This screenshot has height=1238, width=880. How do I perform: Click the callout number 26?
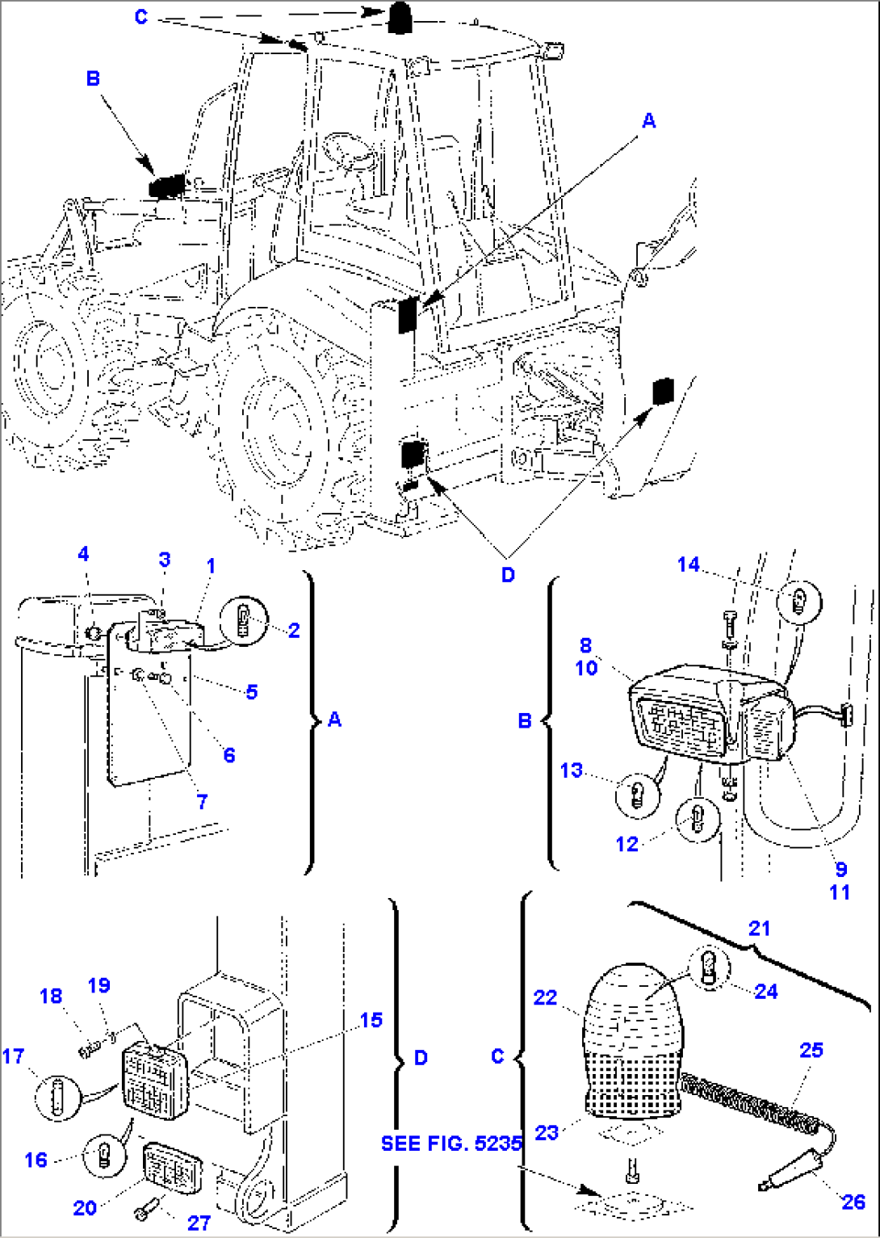pyautogui.click(x=853, y=1202)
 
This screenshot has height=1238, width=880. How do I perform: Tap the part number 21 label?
pyautogui.click(x=759, y=928)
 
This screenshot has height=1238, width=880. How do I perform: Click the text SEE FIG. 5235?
pyautogui.click(x=451, y=1144)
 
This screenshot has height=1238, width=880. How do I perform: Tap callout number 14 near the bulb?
pyautogui.click(x=688, y=564)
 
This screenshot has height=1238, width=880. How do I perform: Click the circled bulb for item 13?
pyautogui.click(x=635, y=794)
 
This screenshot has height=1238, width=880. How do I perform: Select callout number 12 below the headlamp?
pyautogui.click(x=626, y=844)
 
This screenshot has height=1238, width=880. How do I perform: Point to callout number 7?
pyautogui.click(x=202, y=801)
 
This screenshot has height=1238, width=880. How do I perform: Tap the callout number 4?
pyautogui.click(x=83, y=554)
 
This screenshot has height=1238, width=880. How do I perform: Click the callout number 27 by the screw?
pyautogui.click(x=199, y=1223)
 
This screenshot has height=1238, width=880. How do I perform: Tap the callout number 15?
pyautogui.click(x=371, y=1020)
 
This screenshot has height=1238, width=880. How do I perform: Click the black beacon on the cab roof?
pyautogui.click(x=399, y=18)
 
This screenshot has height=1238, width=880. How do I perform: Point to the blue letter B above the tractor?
pyautogui.click(x=93, y=78)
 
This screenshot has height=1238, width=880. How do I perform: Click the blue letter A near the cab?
pyautogui.click(x=648, y=120)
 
